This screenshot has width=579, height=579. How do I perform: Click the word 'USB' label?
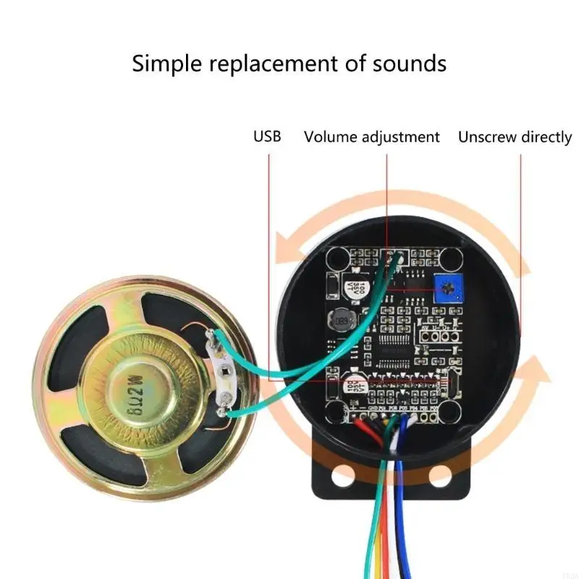click(x=266, y=137)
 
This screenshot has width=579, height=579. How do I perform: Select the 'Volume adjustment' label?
click(x=371, y=137)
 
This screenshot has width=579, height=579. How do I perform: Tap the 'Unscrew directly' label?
click(x=515, y=137)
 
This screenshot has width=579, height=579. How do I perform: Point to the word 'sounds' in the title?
click(x=409, y=64)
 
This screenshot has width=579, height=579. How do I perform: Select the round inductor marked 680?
click(x=342, y=320)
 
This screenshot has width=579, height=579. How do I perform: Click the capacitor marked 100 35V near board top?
click(x=359, y=283)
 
